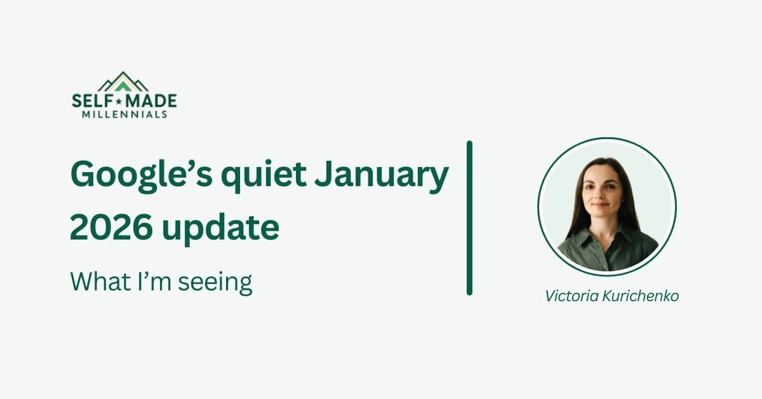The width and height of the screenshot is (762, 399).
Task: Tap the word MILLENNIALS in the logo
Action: (125, 114)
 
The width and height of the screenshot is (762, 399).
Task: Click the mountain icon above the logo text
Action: (124, 82)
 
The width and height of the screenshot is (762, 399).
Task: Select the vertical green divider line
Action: (469, 218)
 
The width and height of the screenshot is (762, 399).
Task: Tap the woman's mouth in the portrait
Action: (601, 205)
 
